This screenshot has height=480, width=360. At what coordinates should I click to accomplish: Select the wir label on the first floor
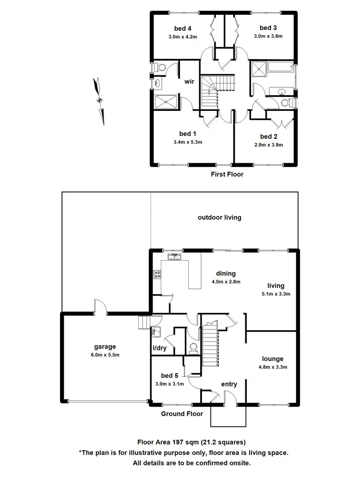click(189, 82)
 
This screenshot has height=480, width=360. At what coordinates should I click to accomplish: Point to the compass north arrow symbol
click(100, 100)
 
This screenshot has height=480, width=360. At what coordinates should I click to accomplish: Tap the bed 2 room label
click(269, 136)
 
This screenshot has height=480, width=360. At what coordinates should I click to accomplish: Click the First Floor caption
click(227, 174)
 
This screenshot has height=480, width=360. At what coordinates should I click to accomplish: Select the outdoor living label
click(219, 217)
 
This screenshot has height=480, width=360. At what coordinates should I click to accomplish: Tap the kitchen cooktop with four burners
click(157, 275)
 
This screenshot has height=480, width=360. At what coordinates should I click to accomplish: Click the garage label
click(105, 347)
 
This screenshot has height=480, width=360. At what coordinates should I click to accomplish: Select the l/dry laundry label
click(159, 348)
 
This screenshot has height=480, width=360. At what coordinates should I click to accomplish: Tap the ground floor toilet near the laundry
click(193, 348)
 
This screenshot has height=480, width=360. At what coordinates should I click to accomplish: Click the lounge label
click(273, 359)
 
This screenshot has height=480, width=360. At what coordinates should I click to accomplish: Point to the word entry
click(229, 384)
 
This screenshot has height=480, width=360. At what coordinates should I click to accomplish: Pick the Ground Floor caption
click(182, 414)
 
